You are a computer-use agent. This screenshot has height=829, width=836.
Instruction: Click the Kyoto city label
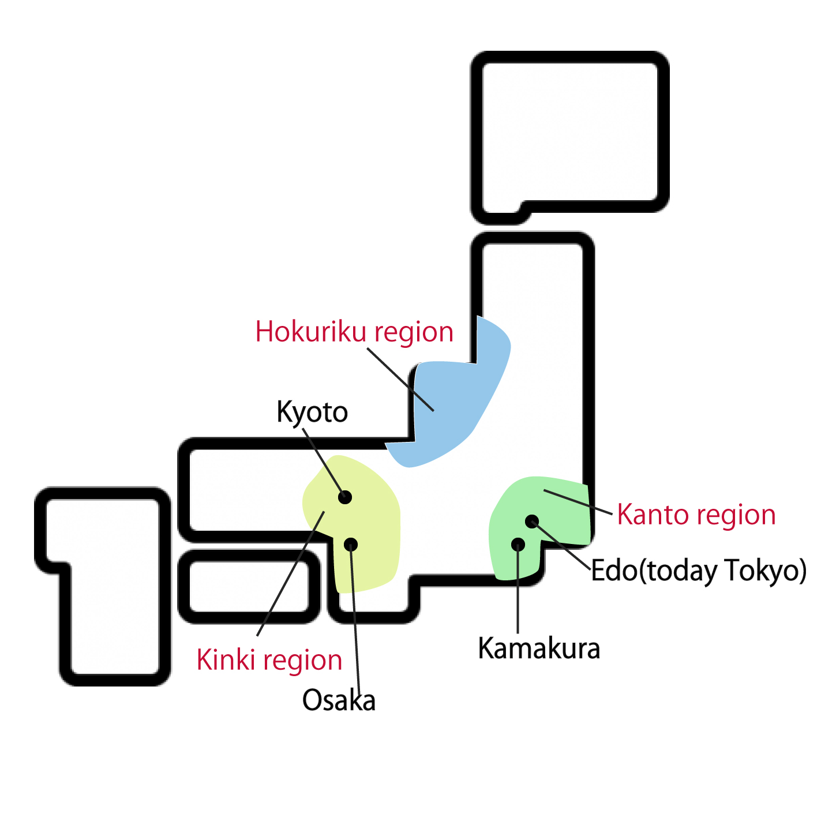coord(312,412)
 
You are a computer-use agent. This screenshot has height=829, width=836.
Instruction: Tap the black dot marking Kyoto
coord(345,497)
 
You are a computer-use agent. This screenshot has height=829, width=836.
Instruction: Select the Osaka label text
coord(339,701)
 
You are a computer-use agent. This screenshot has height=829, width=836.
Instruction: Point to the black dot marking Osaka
coord(350,544)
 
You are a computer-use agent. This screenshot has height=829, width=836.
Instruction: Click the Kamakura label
coord(539,648)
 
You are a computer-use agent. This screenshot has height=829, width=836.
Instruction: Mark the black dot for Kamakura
coord(518,544)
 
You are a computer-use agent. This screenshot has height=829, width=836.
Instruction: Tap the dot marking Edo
coord(532,522)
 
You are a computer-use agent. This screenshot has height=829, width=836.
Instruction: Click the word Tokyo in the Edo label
coord(762,571)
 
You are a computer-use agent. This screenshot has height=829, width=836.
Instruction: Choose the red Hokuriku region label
coord(354,332)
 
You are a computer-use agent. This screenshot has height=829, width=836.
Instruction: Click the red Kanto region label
coord(696,515)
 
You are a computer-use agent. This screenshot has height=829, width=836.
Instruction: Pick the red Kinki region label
coord(269,660)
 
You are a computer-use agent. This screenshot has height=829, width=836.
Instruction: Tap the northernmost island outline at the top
coord(570,133)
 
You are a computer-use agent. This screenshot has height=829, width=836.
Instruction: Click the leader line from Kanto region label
coord(577,501)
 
